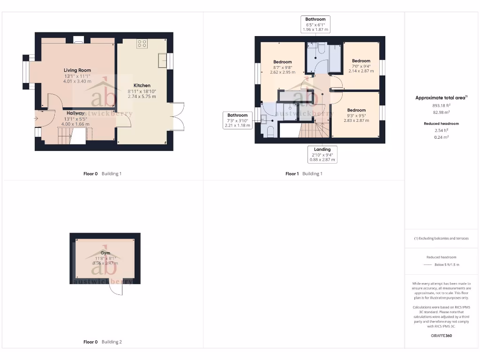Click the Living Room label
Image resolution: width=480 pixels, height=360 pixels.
(x=77, y=70)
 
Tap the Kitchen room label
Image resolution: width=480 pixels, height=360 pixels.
(x=142, y=86)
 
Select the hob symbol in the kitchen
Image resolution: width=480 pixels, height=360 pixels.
(x=142, y=44)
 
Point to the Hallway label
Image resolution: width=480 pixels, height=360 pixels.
(x=75, y=113)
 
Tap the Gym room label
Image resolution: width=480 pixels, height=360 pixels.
(x=105, y=253)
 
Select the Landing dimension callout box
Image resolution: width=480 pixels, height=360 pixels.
(x=322, y=154)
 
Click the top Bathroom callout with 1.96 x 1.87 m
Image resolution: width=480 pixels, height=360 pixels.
(x=315, y=24)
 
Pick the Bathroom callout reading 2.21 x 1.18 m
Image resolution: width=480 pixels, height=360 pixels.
(x=238, y=120)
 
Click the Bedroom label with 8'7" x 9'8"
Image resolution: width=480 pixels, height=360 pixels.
(x=282, y=62)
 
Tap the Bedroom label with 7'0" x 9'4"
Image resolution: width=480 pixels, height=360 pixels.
(x=361, y=61)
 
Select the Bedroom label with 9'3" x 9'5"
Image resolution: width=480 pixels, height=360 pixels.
(x=356, y=110)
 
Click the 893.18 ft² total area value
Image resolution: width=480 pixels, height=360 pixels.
(x=441, y=106)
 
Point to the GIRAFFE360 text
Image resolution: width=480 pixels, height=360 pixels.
(x=441, y=336)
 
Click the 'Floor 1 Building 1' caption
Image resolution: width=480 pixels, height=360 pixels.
(x=304, y=173)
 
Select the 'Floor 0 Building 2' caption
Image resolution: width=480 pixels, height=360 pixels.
(x=102, y=342)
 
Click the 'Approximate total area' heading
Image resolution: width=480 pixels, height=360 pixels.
(x=441, y=97)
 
